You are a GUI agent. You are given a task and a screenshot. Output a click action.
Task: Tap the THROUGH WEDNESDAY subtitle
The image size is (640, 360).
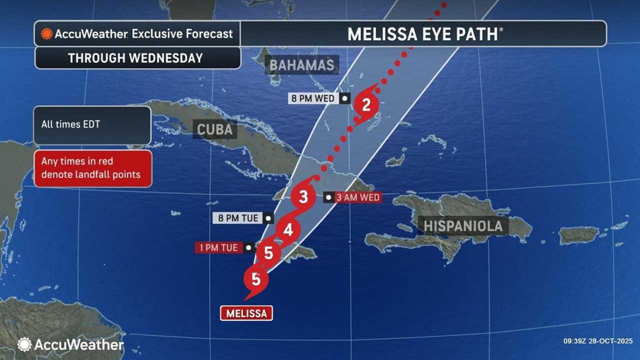[x=135, y=58]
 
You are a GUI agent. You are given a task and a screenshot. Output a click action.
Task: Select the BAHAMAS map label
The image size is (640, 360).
[x=301, y=65]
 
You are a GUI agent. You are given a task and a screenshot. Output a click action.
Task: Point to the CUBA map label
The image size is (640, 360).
[x=214, y=129]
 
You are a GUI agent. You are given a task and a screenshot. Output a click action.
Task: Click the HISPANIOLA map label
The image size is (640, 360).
[x=463, y=225]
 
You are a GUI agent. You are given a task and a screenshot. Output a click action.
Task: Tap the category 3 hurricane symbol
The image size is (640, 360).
[x=303, y=197]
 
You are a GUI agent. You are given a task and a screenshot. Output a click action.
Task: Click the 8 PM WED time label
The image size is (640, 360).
[x=313, y=98]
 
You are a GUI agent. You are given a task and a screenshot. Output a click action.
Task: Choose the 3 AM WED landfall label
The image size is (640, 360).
[x=358, y=197]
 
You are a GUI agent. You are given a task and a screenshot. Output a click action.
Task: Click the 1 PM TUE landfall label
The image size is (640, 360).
[x=218, y=247]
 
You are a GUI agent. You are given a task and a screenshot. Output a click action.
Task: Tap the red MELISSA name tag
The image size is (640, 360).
[x=246, y=313]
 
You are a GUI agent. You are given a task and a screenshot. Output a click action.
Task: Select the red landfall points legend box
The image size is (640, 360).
[x=92, y=168]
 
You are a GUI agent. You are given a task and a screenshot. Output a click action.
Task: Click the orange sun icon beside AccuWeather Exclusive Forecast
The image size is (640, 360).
[x=46, y=34]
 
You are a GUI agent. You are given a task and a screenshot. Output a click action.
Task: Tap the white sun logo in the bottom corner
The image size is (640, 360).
[x=24, y=344]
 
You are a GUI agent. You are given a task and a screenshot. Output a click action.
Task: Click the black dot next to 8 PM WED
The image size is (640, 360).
[x=344, y=98]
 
